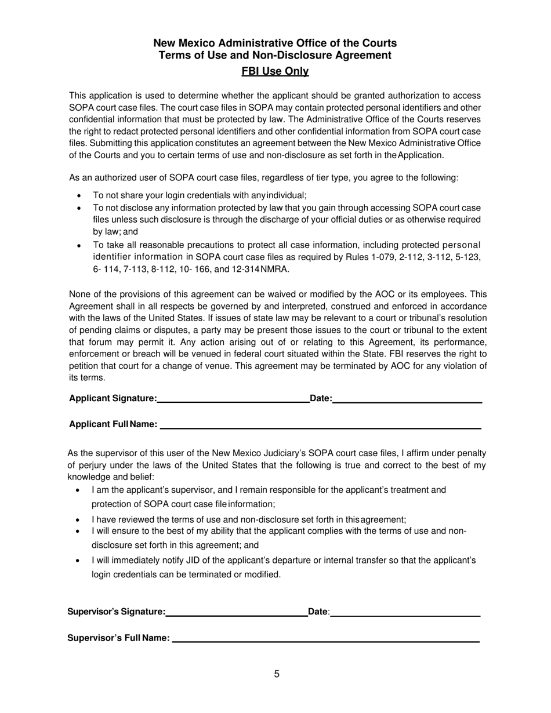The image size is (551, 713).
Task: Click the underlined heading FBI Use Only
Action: click(x=275, y=71)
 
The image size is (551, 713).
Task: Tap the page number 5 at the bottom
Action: click(x=277, y=674)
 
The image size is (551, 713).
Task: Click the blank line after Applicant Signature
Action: click(x=233, y=398)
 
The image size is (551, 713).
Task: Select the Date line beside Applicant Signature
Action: click(x=407, y=398)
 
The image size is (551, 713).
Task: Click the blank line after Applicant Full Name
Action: click(x=320, y=424)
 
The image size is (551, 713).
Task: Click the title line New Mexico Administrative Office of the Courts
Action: click(x=275, y=43)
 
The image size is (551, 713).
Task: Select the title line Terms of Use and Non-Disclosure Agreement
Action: click(x=275, y=55)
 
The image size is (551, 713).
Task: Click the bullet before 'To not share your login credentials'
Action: click(x=79, y=196)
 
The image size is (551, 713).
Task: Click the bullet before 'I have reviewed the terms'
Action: click(x=78, y=520)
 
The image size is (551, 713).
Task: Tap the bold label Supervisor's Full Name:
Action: click(x=118, y=638)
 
